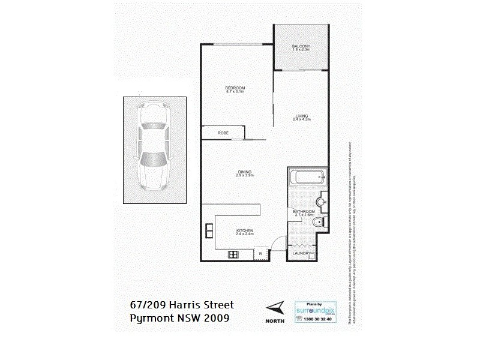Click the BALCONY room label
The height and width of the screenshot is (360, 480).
301,47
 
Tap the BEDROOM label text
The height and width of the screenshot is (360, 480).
235,88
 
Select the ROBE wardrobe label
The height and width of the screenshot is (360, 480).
223,133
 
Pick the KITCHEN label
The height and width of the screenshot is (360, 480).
244,231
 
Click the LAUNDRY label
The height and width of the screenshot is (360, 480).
301,254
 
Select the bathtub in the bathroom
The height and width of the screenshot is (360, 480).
306,178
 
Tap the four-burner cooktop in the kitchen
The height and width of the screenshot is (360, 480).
233,254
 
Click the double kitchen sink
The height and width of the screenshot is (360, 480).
209,230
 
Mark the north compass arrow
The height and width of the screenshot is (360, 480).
275,308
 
